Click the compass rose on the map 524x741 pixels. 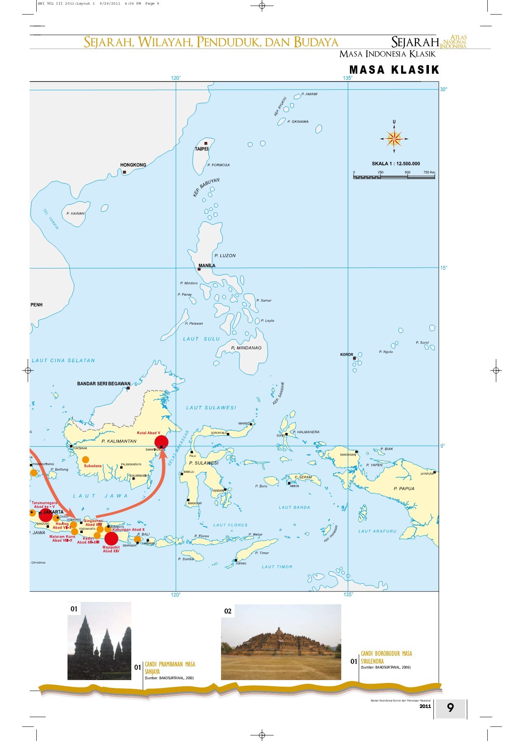(394, 139)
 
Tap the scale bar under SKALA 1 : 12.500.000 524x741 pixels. (394, 177)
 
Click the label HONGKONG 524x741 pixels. (133, 165)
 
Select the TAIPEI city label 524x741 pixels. (202, 149)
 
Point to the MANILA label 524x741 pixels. (207, 266)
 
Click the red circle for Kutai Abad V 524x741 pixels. (161, 442)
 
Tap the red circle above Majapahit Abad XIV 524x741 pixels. (111, 538)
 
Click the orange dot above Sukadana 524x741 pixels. (85, 459)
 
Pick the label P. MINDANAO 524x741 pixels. (246, 348)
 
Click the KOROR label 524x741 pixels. (347, 354)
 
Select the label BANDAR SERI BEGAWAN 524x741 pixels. (104, 384)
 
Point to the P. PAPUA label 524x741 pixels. (404, 489)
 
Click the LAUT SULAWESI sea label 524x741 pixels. (211, 408)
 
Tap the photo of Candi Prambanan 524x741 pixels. (99, 641)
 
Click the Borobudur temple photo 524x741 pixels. (281, 642)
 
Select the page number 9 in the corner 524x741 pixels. (450, 708)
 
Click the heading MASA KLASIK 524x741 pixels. (394, 70)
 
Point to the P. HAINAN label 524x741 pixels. (75, 214)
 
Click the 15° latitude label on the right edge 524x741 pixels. (444, 268)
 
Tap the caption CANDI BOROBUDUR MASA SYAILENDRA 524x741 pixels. (386, 657)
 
